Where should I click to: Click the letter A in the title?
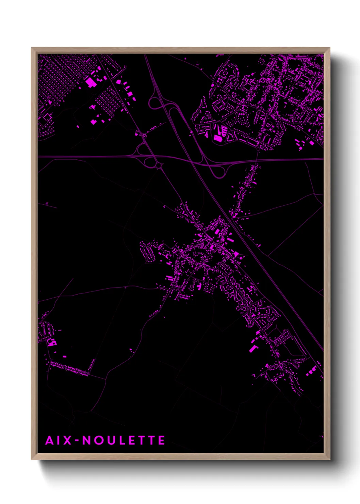pyautogui.click(x=50, y=440)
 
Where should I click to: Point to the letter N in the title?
pyautogui.click(x=87, y=440)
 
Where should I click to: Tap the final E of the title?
pyautogui.click(x=162, y=440)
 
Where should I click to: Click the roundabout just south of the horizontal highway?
pyautogui.click(x=159, y=166)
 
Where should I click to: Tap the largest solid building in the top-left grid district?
pyautogui.click(x=91, y=82)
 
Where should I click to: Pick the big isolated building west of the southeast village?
pyautogui.click(x=252, y=349)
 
